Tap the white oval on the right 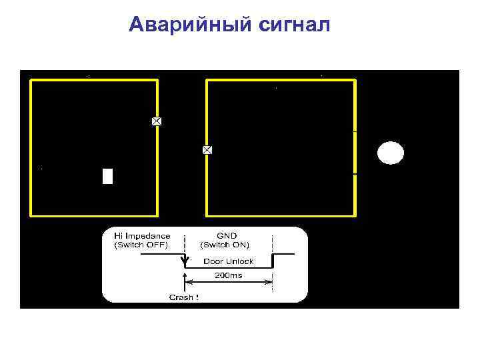[391, 153]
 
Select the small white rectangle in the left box [107, 176]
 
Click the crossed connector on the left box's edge [157, 121]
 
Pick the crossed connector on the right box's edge [207, 150]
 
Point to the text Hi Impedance [142, 236]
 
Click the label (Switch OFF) [141, 245]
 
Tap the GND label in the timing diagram [227, 236]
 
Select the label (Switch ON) [225, 245]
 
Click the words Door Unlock [228, 261]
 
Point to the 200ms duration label [228, 275]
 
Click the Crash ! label [183, 297]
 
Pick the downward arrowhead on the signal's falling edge [184, 266]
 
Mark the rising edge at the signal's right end [273, 260]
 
